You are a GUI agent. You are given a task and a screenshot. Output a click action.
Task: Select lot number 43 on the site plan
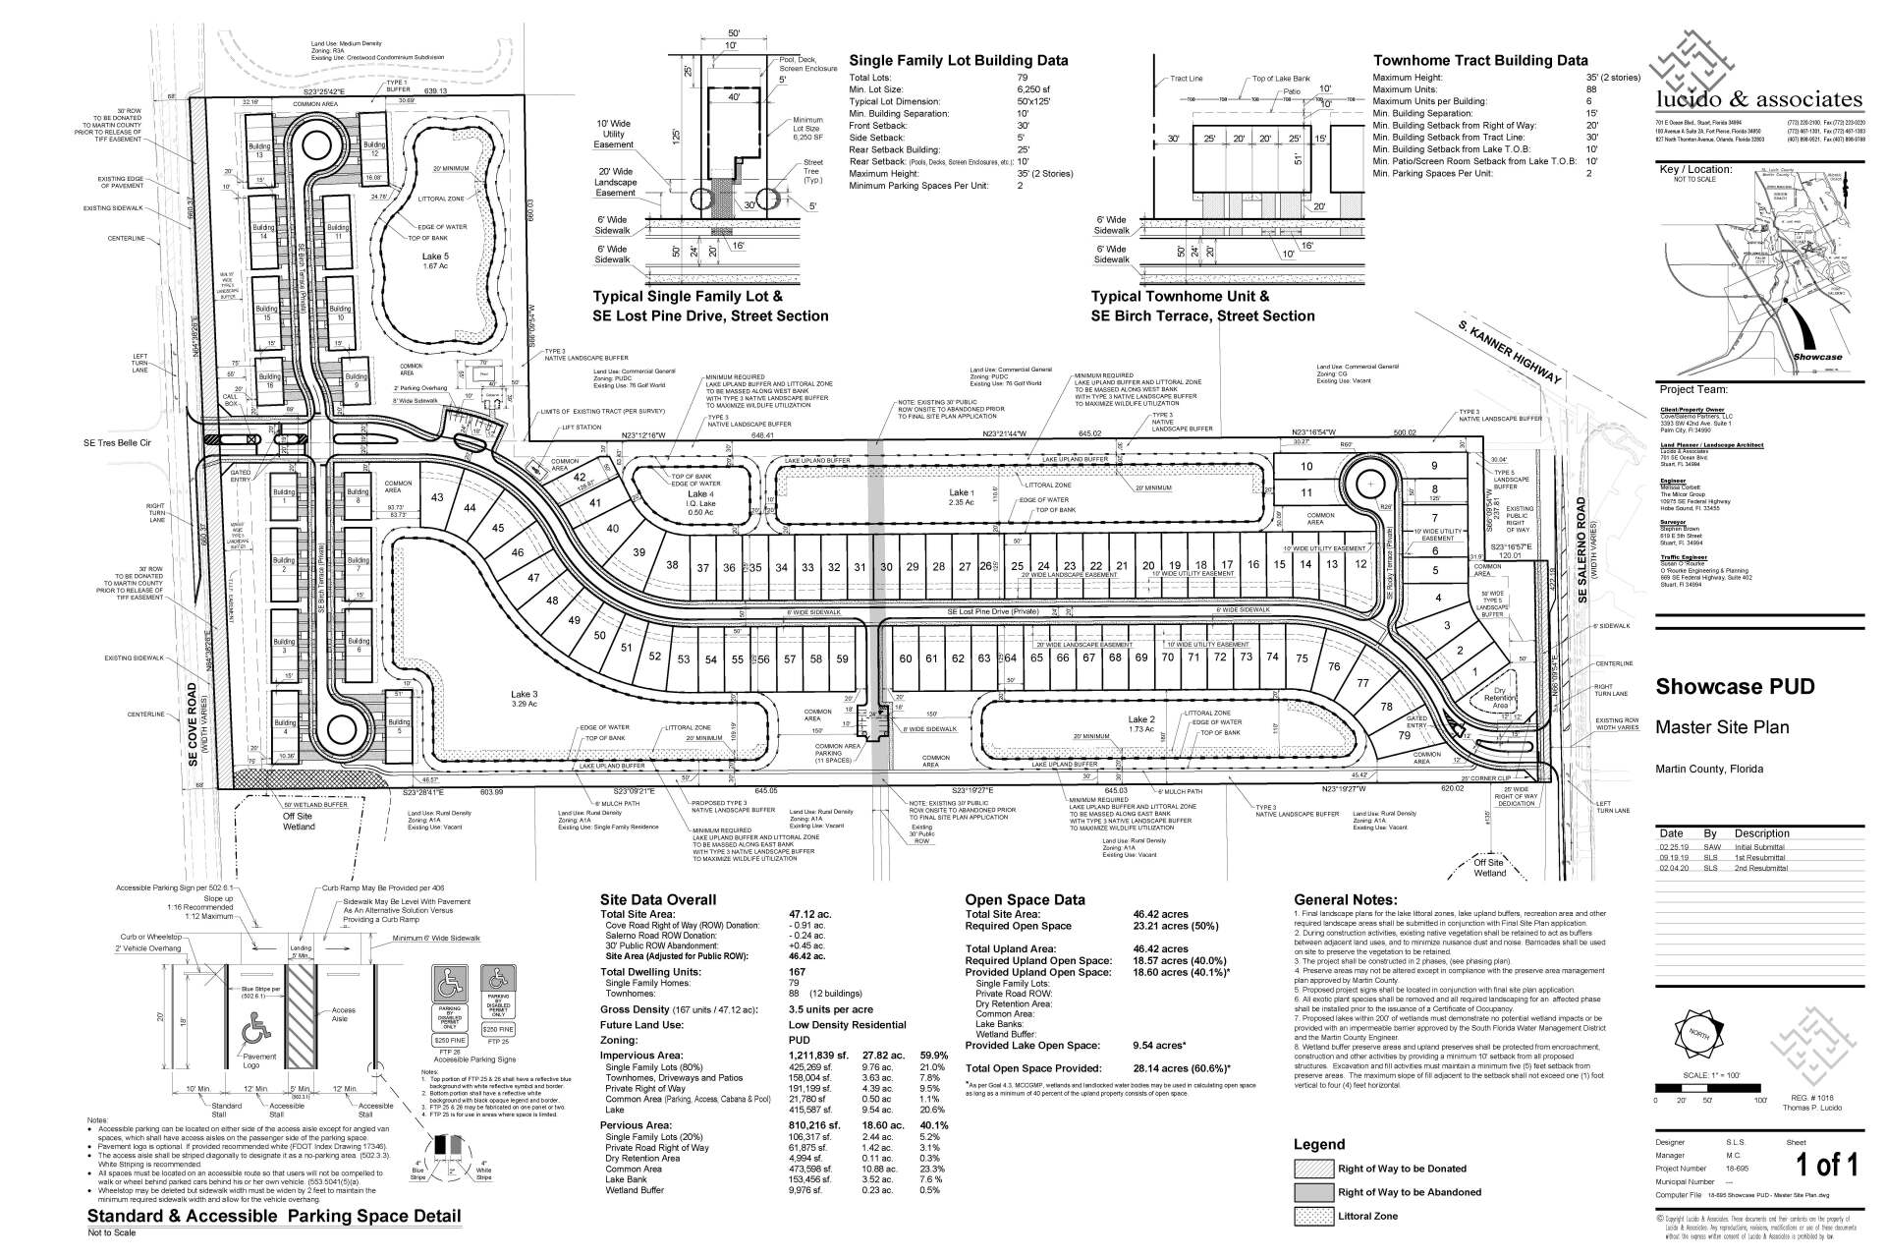437,498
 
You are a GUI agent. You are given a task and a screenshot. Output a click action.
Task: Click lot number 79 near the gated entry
1405,735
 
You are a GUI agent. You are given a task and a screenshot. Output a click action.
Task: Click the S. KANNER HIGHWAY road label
1509,351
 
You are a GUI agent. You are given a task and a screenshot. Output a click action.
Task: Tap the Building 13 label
259,151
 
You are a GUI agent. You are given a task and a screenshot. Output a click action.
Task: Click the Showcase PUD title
1735,686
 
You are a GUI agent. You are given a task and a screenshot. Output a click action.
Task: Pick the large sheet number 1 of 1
1826,1166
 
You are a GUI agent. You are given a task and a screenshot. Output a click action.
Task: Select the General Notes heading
1345,899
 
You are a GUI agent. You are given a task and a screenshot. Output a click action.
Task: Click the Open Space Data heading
1025,899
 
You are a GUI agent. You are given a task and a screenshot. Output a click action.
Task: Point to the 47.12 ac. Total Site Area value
808,914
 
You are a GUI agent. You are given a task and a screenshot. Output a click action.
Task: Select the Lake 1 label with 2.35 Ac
961,497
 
